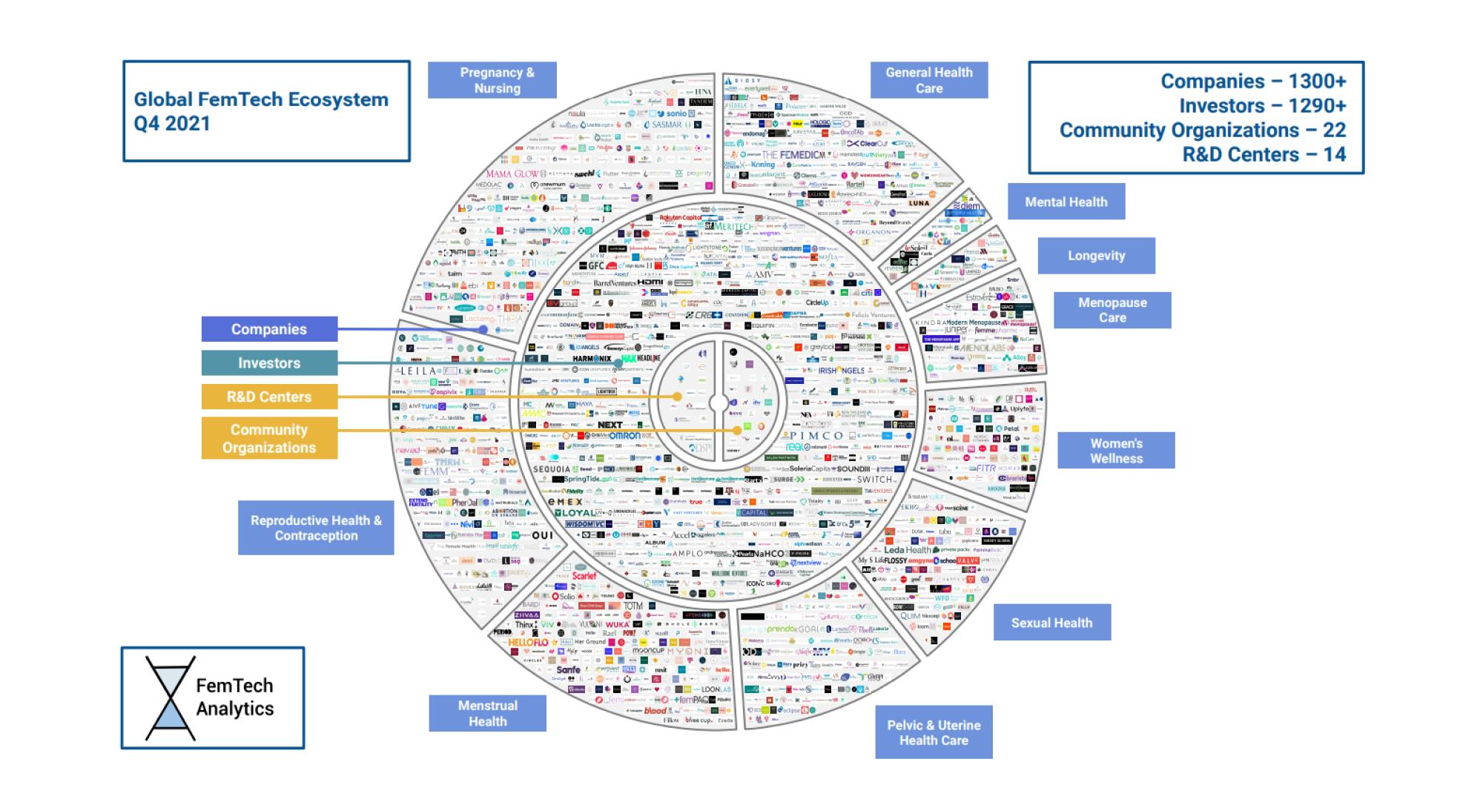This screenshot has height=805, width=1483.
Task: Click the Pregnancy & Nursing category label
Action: point(492,80)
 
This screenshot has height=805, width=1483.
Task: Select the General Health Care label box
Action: point(928,80)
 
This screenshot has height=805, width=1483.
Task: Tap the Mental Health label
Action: point(1066,202)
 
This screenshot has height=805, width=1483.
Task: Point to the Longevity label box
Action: point(1096,256)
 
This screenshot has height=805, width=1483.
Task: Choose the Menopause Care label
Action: point(1112,310)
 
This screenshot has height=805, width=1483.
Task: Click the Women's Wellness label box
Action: point(1116,451)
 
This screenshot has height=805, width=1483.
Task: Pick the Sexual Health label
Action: point(1051,623)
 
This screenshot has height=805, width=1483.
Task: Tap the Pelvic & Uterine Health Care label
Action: point(934,732)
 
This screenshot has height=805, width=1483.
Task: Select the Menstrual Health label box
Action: point(487,713)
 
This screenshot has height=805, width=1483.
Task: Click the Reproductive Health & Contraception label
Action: point(316,528)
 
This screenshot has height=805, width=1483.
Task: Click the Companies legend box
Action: point(269,329)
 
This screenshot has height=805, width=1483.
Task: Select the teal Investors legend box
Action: point(269,363)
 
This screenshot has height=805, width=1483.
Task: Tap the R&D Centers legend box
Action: point(269,397)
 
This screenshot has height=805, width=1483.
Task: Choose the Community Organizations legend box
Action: point(269,438)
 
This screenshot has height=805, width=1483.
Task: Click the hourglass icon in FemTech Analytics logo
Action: point(171,698)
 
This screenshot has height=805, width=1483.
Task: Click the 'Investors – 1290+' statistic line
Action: point(1262,106)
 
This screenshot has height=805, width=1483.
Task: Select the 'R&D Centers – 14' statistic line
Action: point(1264,154)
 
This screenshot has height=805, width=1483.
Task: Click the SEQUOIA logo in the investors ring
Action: point(552,469)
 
